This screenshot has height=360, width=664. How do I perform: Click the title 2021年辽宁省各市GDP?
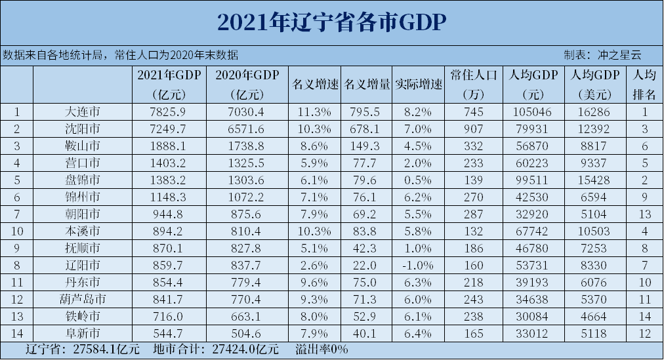pyautogui.click(x=331, y=22)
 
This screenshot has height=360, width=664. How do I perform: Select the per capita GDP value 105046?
pyautogui.click(x=529, y=112)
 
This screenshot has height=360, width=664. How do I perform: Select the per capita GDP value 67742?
pyautogui.click(x=529, y=231)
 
